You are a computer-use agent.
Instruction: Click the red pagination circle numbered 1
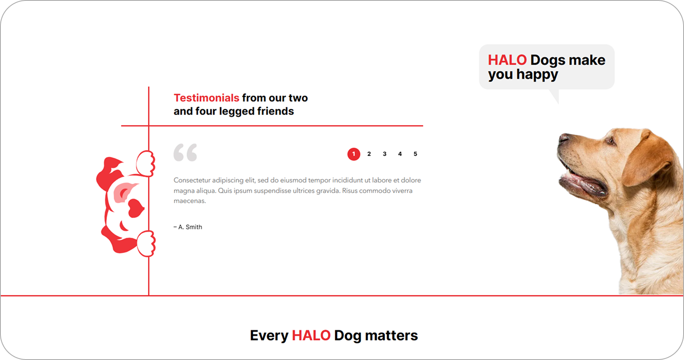[x=354, y=154]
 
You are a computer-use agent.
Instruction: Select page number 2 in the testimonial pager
[x=369, y=154]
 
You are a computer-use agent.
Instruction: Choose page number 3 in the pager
[x=385, y=154]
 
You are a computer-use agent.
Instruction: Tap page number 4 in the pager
[x=400, y=154]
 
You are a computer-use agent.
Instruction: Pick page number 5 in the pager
[x=415, y=154]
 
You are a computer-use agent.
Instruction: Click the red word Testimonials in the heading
[x=206, y=98]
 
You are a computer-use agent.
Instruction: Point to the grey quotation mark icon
[x=185, y=152]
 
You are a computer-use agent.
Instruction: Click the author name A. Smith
[x=190, y=227]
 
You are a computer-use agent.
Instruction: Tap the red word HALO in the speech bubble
[x=507, y=60]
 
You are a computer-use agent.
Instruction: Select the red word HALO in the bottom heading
[x=311, y=336]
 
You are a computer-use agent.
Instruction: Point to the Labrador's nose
[x=563, y=138]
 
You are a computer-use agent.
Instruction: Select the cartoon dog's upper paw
[x=145, y=163]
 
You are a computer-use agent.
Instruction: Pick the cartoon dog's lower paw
[x=146, y=243]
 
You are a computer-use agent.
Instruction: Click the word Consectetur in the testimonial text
[x=192, y=180]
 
